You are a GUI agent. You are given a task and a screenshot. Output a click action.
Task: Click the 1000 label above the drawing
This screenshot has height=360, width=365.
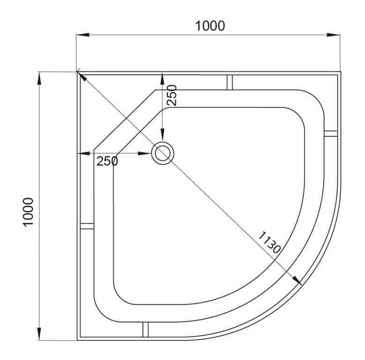[x=209, y=25]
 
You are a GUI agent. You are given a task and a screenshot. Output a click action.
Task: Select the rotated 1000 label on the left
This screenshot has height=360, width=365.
[x=29, y=211]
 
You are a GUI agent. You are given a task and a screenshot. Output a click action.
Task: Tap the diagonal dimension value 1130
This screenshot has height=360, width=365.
[x=269, y=242]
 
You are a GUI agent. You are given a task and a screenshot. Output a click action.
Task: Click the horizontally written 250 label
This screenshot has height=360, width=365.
[x=107, y=161]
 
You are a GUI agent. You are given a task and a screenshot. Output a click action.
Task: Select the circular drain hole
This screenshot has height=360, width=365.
[x=163, y=153]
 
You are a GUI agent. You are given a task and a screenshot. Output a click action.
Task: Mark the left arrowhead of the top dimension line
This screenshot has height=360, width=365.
[x=82, y=35]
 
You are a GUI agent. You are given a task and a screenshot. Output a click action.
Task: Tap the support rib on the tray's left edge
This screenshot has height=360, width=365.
[x=87, y=226]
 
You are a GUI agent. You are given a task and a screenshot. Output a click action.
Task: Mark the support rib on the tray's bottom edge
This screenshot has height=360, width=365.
[x=145, y=330]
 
